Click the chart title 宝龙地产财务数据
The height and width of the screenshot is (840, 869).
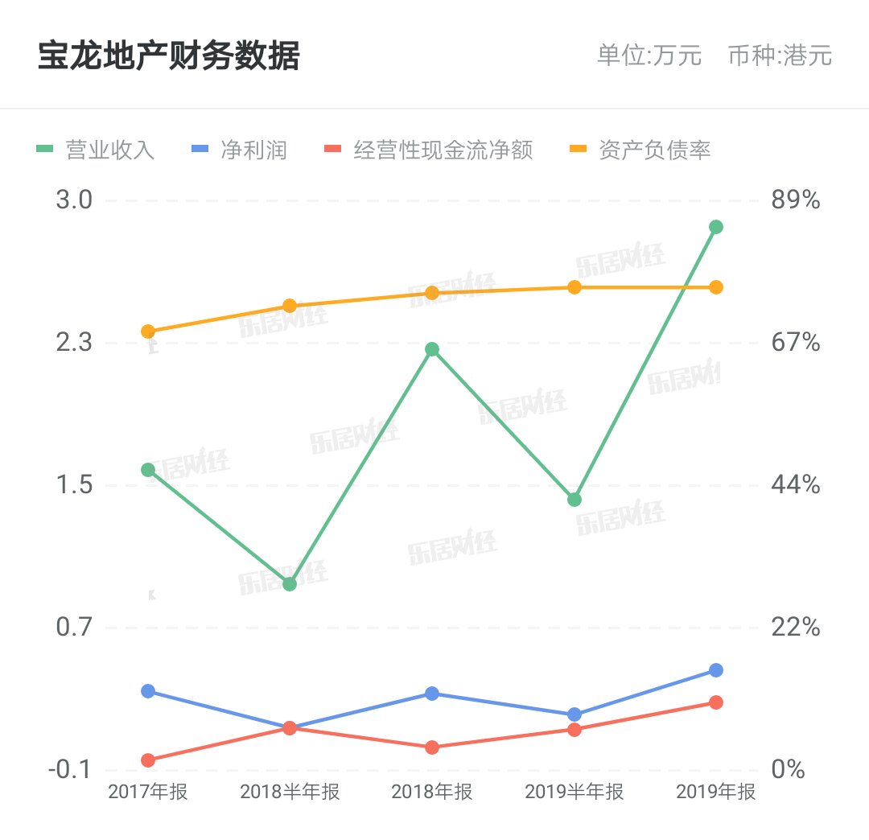click(x=168, y=57)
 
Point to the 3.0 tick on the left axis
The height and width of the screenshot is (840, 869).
click(x=74, y=200)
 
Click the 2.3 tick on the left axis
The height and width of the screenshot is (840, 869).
click(x=74, y=344)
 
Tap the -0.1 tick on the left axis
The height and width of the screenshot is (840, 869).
click(x=69, y=770)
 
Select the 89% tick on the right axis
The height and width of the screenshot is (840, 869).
click(x=795, y=200)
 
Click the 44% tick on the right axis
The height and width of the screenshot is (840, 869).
click(x=795, y=485)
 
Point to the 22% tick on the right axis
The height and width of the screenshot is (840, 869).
click(x=795, y=628)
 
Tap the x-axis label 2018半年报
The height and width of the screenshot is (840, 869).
click(x=290, y=793)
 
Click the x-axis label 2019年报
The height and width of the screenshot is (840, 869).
click(x=716, y=793)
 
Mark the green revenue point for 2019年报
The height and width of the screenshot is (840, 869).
click(x=716, y=227)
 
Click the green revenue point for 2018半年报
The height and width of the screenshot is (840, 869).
click(x=290, y=583)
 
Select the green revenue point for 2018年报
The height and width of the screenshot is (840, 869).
click(x=432, y=349)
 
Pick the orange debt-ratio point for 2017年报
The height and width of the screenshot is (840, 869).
click(x=148, y=331)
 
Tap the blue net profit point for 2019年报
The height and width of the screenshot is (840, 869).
click(x=716, y=670)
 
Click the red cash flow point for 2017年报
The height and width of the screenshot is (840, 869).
click(x=148, y=760)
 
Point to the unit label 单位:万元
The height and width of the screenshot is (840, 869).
click(x=649, y=56)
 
